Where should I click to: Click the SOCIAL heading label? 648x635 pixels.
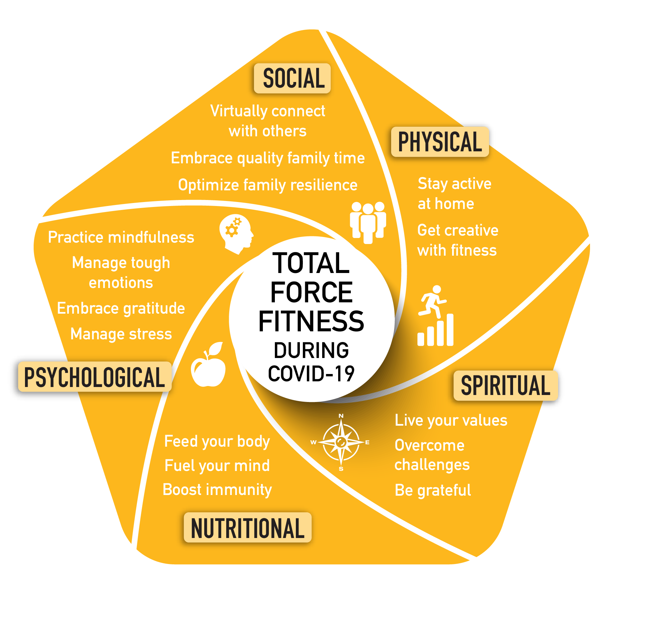click(292, 78)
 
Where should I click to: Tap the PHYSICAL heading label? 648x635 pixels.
click(440, 142)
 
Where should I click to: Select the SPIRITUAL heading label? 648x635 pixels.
click(505, 386)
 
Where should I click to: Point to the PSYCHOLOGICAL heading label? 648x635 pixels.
click(95, 377)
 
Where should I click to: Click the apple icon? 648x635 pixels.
click(209, 365)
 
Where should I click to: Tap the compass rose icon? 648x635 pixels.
click(341, 443)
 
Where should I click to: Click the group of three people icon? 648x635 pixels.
click(368, 222)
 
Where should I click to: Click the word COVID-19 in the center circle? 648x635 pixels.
click(311, 374)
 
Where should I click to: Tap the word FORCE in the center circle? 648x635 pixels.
click(311, 292)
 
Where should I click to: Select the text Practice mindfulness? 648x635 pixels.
click(121, 237)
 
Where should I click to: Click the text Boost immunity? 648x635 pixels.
click(217, 490)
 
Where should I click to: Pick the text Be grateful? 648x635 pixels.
click(433, 490)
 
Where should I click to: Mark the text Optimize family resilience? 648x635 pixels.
click(268, 185)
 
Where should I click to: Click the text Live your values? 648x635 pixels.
click(451, 421)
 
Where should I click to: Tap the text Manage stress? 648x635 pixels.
click(121, 334)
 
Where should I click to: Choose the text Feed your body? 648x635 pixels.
click(217, 442)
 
